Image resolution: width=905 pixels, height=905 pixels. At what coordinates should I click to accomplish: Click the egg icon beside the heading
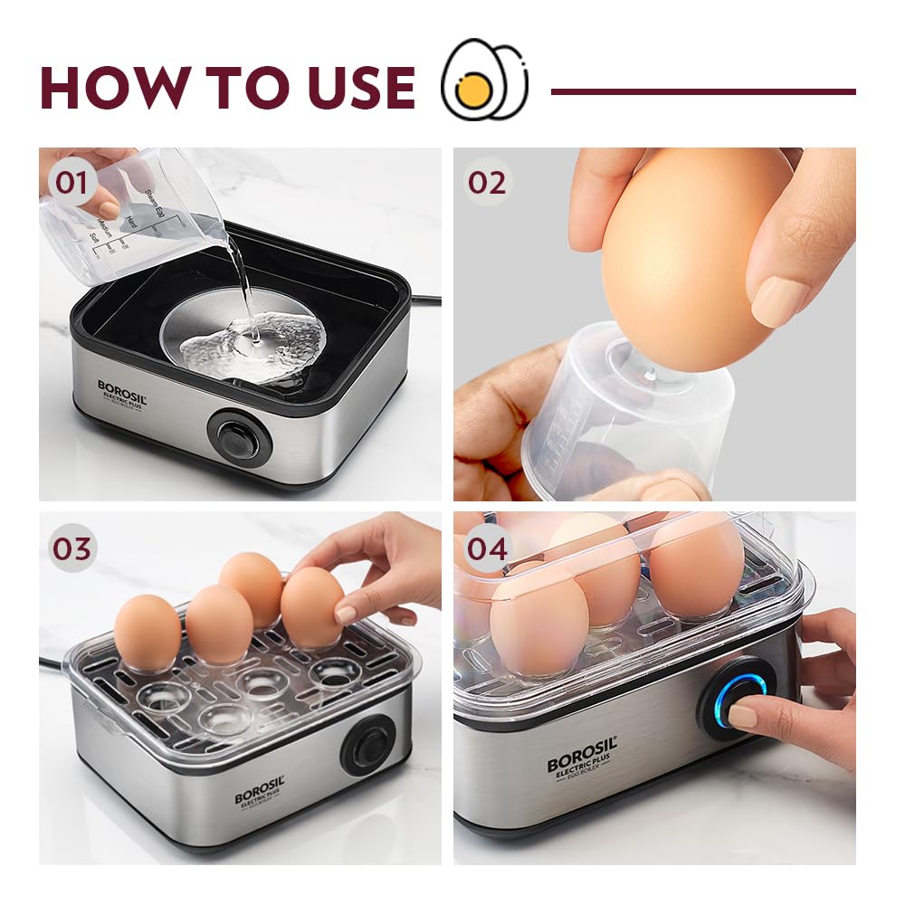(x=483, y=80)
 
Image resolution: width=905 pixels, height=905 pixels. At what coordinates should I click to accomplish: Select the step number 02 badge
(x=487, y=183)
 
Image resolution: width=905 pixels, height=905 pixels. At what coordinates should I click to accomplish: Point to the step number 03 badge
(x=72, y=548)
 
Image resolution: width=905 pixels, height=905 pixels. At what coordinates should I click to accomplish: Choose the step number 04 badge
(x=488, y=548)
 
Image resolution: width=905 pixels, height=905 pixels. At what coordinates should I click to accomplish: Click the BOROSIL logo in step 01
(x=122, y=391)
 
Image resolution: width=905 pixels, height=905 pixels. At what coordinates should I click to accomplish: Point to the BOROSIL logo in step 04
(x=582, y=758)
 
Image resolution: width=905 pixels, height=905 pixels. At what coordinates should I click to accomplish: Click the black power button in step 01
(x=240, y=440)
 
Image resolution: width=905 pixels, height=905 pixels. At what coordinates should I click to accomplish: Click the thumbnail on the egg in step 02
(x=781, y=300)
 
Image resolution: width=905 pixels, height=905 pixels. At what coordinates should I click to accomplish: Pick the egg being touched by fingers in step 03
(x=312, y=607)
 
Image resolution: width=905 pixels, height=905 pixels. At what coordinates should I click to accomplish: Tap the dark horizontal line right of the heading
(x=703, y=91)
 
